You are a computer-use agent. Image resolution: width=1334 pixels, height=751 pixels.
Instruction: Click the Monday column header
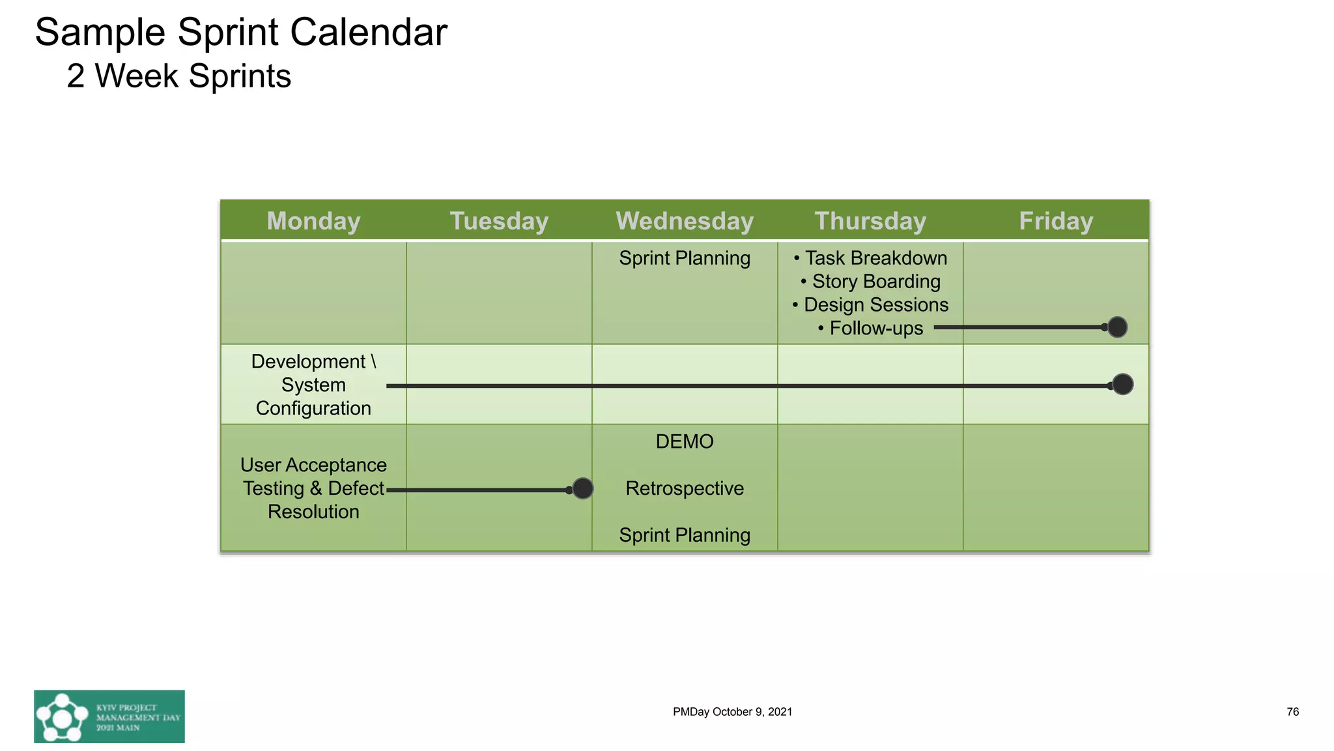tap(313, 221)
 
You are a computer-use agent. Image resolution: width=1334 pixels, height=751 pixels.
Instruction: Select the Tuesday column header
tap(499, 221)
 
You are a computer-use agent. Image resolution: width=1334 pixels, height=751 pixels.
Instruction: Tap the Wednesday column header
tap(685, 221)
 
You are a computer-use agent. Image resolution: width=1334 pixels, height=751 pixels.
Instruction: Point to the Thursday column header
tap(870, 221)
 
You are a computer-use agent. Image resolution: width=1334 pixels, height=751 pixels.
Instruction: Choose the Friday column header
tap(1056, 221)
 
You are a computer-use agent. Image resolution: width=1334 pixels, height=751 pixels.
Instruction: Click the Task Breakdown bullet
tap(870, 258)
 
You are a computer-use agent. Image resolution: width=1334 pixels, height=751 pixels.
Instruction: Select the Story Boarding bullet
tap(870, 282)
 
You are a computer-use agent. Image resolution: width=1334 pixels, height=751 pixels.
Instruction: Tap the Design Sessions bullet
tap(870, 305)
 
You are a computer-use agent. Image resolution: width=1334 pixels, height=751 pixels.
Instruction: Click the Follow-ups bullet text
tap(870, 329)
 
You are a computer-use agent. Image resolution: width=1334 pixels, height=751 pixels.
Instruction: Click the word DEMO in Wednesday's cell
tap(685, 442)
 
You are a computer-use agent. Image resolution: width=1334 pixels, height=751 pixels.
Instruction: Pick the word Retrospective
tap(685, 488)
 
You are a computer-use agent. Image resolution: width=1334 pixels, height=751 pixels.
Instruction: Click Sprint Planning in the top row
tap(685, 258)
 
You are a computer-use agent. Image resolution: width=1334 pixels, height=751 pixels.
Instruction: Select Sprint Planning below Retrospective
tap(685, 535)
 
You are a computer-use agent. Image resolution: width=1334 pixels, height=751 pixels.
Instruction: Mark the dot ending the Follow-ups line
tap(1117, 327)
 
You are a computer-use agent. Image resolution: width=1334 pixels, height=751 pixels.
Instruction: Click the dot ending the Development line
tap(1122, 385)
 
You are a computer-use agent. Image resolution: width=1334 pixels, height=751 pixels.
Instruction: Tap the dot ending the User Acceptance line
tap(582, 488)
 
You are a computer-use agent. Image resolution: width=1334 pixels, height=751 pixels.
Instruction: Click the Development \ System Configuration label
tap(313, 385)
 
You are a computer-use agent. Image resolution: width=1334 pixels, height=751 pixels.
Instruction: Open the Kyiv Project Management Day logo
tap(109, 716)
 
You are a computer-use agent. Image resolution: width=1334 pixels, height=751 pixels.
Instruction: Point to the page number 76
tap(1292, 712)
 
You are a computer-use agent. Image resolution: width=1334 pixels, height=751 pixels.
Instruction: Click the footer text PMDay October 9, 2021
tap(732, 712)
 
